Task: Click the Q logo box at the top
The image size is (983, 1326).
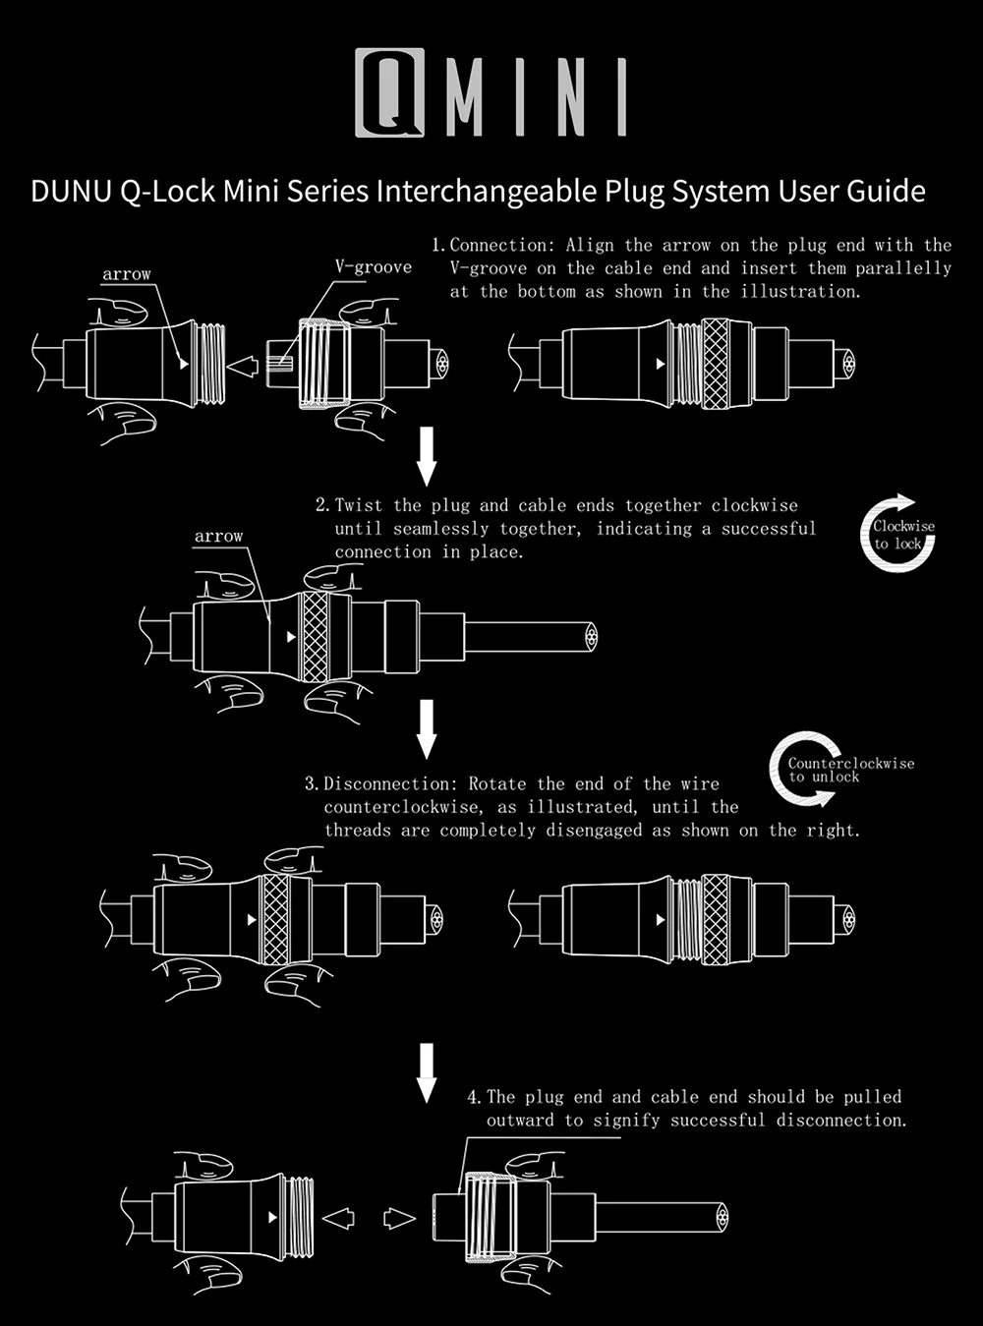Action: (x=390, y=91)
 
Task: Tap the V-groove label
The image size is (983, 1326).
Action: (x=373, y=267)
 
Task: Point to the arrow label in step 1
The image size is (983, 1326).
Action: (x=127, y=274)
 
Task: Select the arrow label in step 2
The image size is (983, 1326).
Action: (x=218, y=537)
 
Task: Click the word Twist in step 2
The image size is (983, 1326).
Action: (x=359, y=506)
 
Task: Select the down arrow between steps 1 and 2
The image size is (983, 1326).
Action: (x=426, y=456)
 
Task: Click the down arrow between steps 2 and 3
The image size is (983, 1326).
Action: (x=426, y=728)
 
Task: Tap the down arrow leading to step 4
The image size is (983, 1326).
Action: (x=426, y=1072)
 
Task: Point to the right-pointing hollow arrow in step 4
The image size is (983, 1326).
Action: (x=398, y=1219)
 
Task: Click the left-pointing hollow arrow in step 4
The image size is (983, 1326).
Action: (x=339, y=1219)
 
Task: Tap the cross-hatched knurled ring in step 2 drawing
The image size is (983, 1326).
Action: (x=315, y=637)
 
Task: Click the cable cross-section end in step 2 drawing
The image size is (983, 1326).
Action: (x=590, y=637)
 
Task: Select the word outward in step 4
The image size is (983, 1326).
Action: (x=520, y=1121)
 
